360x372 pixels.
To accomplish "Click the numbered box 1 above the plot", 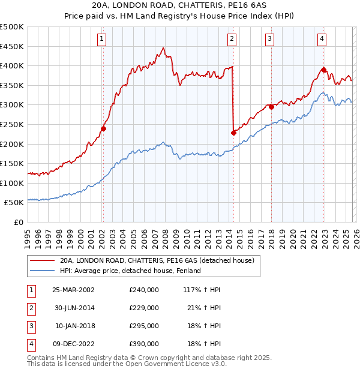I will pyautogui.click(x=102, y=39).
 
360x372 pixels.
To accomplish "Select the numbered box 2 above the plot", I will pyautogui.click(x=232, y=39).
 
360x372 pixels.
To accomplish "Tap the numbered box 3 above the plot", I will pyautogui.click(x=270, y=39).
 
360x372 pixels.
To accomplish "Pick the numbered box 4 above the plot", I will pyautogui.click(x=322, y=39).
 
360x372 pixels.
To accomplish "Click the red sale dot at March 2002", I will pyautogui.click(x=103, y=128).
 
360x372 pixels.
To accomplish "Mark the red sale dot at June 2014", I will pyautogui.click(x=233, y=133).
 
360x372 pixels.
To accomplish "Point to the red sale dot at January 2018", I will pyautogui.click(x=271, y=107).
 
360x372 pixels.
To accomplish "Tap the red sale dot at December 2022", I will pyautogui.click(x=323, y=70).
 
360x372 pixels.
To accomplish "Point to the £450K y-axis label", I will pyautogui.click(x=12, y=46).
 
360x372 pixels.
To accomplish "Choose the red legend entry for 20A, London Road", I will pyautogui.click(x=157, y=260).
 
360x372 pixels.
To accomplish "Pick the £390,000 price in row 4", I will pyautogui.click(x=144, y=344).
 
